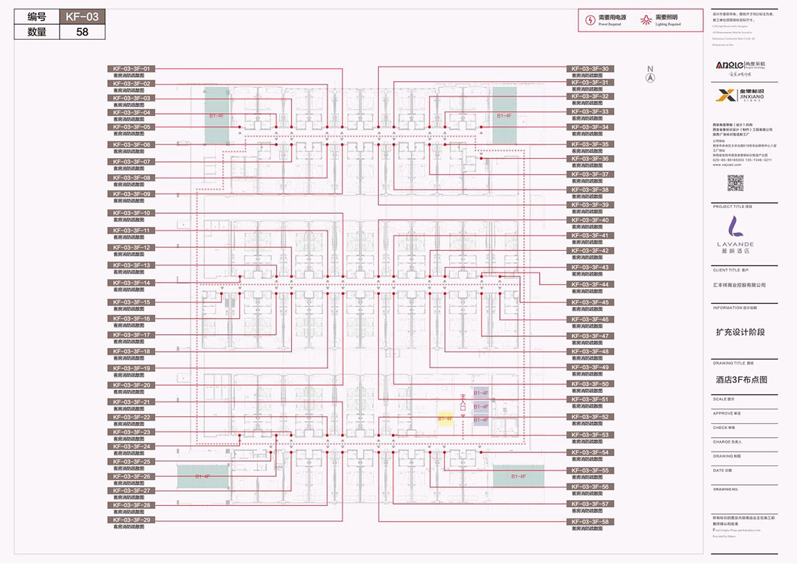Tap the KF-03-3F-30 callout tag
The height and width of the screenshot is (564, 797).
click(x=590, y=69)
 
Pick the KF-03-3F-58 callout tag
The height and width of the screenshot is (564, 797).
click(x=590, y=521)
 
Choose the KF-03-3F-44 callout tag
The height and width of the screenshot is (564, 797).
click(x=590, y=284)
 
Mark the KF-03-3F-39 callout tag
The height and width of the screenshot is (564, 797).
click(x=590, y=204)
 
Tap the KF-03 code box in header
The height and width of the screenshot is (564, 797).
click(x=81, y=17)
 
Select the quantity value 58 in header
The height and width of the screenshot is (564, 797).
click(x=81, y=32)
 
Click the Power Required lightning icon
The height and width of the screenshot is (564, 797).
click(x=591, y=20)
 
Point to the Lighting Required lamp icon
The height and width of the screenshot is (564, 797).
click(x=646, y=20)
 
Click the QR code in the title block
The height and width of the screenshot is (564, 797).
click(x=735, y=183)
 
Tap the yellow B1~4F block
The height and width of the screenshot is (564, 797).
click(x=445, y=418)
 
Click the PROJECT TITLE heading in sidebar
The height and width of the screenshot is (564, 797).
click(x=732, y=207)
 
